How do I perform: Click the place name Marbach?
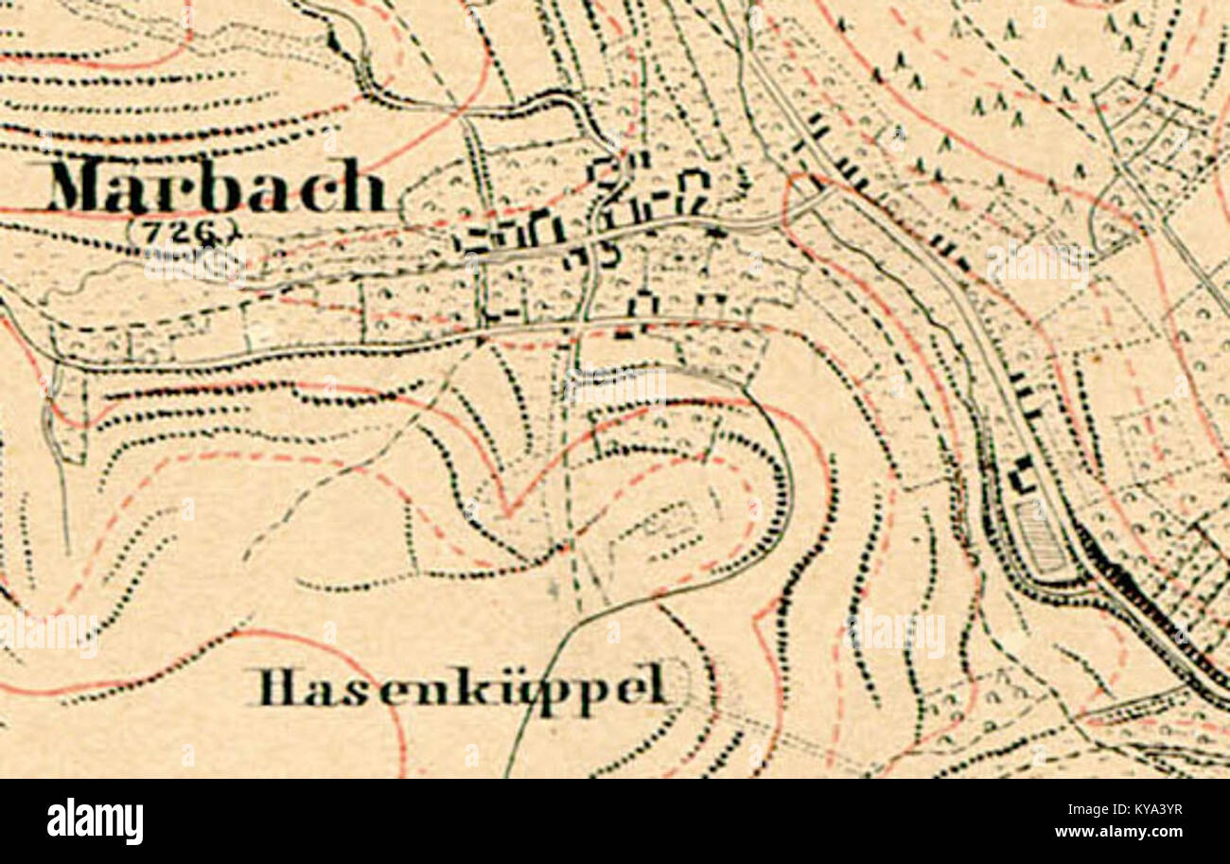point(217,186)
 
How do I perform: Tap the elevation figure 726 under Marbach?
point(180,229)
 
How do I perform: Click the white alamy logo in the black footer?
point(95,820)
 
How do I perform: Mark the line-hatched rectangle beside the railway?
point(1041,535)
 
